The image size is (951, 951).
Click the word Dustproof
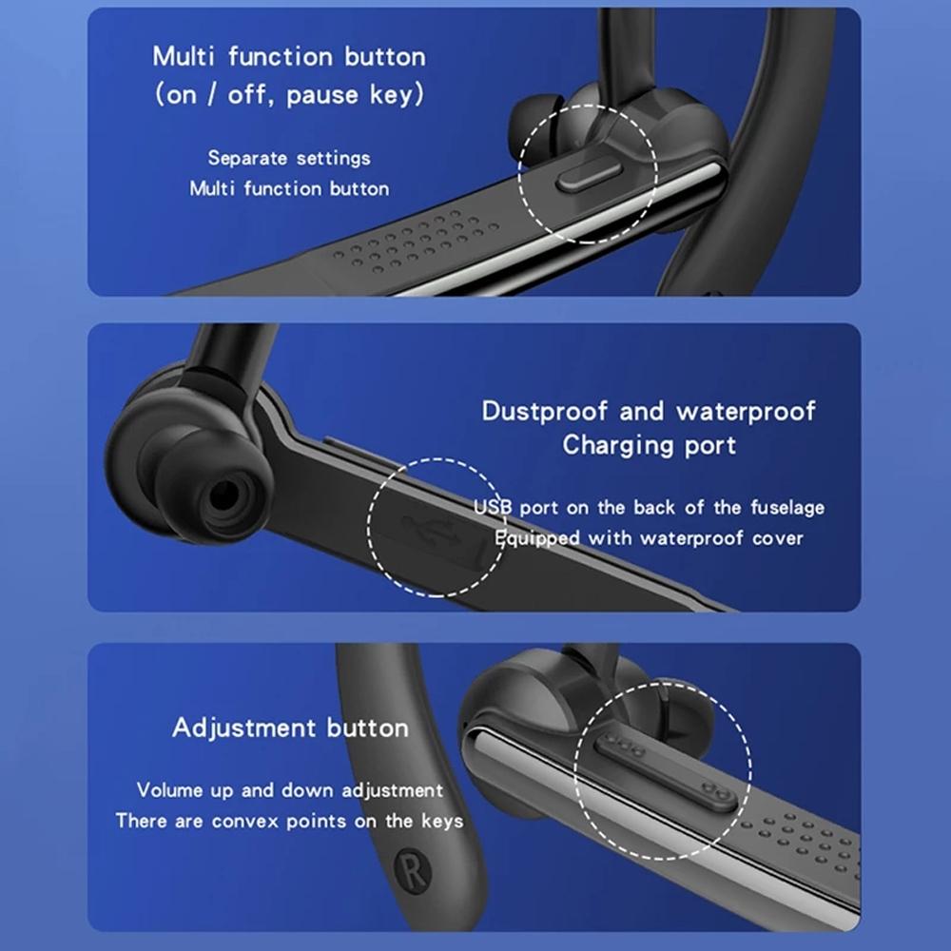(x=545, y=412)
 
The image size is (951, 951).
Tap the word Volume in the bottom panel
(x=169, y=790)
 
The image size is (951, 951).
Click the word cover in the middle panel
(x=777, y=538)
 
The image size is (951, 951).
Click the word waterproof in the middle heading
(x=746, y=412)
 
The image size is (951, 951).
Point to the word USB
(x=494, y=508)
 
